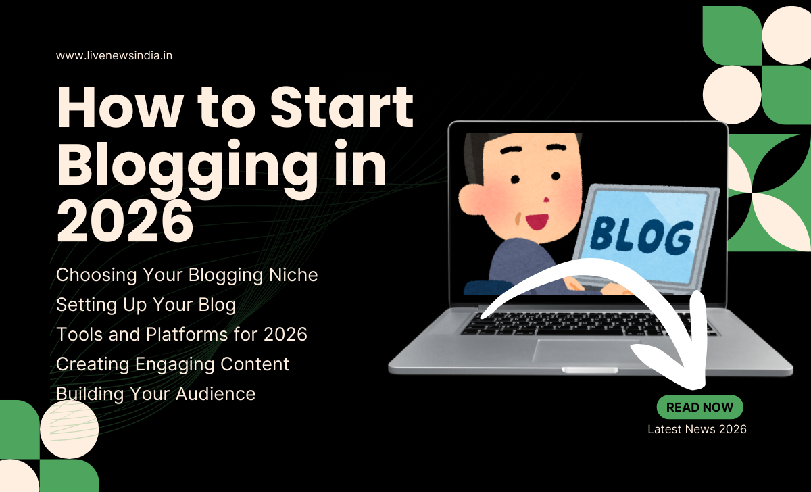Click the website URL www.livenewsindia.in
[x=114, y=55]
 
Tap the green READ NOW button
[x=699, y=408]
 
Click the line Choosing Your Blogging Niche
[x=187, y=275]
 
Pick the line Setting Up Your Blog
[x=146, y=305]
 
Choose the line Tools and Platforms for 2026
[x=182, y=334]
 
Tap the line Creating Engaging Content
[x=172, y=364]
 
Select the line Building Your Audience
[x=155, y=393]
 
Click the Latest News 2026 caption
[x=697, y=429]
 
